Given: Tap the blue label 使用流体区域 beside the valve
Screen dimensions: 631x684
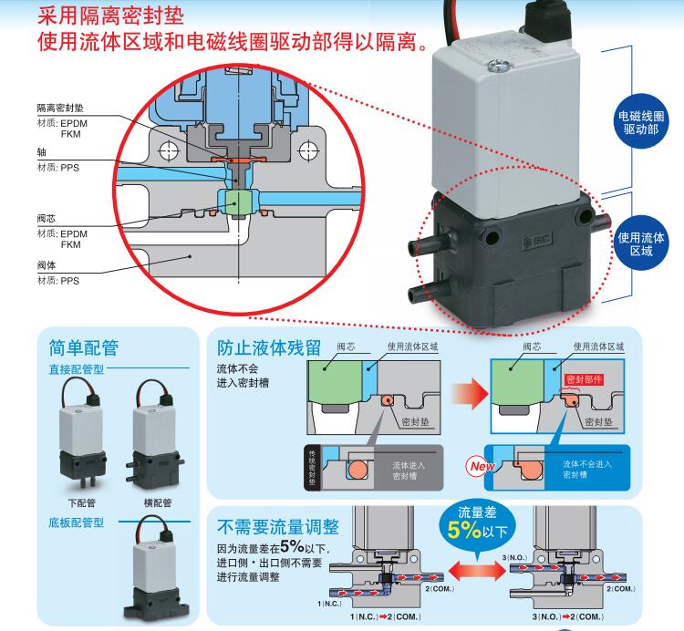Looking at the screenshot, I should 641,243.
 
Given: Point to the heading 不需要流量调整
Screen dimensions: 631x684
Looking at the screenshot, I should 278,527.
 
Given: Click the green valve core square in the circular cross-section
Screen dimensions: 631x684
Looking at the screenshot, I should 237,202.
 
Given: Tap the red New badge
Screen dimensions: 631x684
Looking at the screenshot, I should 479,465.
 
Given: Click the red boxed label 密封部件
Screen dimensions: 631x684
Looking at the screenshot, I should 585,379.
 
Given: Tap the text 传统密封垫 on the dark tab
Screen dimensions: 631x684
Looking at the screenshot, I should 313,462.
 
